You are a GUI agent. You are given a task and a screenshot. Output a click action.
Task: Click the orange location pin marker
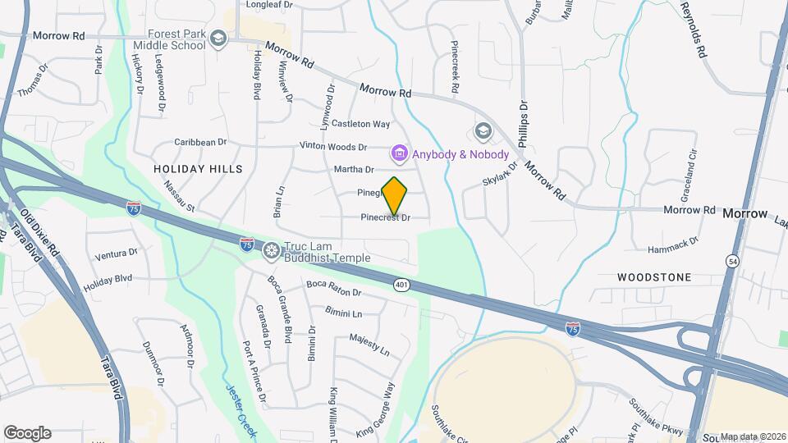tap(395, 194)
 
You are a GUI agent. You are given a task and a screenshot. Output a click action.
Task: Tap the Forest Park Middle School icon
tap(218, 39)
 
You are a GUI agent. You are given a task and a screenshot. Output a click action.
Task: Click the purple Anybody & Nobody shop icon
tap(400, 153)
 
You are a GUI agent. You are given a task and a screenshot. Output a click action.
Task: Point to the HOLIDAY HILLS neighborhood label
tap(199, 168)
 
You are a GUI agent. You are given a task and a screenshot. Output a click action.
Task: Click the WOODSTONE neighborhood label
tap(654, 277)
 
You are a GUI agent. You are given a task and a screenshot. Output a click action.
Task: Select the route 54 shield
tap(731, 261)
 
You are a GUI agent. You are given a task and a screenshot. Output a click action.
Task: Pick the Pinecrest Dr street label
tap(385, 218)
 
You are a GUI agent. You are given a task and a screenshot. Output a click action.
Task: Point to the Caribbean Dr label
tap(199, 142)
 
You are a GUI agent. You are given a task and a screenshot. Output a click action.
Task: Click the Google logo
tap(27, 432)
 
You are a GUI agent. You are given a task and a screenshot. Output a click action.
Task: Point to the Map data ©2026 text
tap(753, 436)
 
